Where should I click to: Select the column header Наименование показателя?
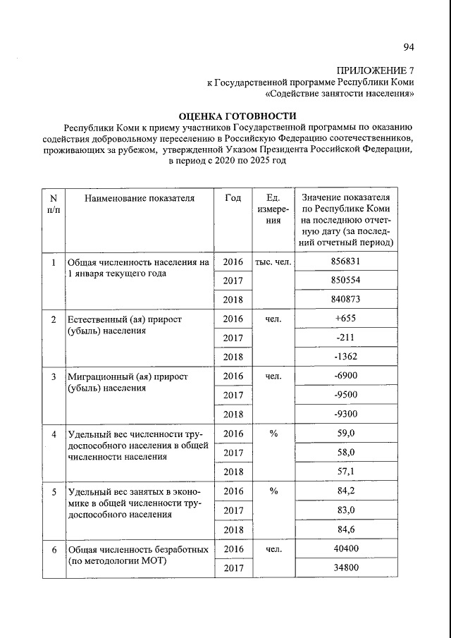pyautogui.click(x=139, y=198)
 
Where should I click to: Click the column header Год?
pyautogui.click(x=233, y=198)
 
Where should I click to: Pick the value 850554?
pyautogui.click(x=345, y=281)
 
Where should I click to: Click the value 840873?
pyautogui.click(x=345, y=300)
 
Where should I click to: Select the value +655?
pyautogui.click(x=345, y=319)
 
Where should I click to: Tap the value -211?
pyautogui.click(x=345, y=338)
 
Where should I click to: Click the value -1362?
pyautogui.click(x=345, y=357)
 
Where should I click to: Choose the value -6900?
pyautogui.click(x=345, y=376)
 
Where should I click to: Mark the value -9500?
pyautogui.click(x=345, y=395)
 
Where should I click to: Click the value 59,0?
pyautogui.click(x=345, y=433)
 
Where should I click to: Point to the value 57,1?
pyautogui.click(x=345, y=471)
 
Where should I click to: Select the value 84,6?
pyautogui.click(x=345, y=529)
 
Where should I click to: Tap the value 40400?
pyautogui.click(x=345, y=548)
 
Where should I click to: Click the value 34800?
pyautogui.click(x=345, y=567)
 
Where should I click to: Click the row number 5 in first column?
pyautogui.click(x=54, y=491)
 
